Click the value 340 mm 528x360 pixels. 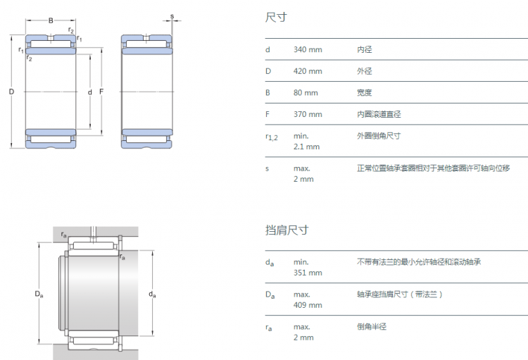308,49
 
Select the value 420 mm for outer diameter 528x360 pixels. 308,71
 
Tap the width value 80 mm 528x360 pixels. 306,93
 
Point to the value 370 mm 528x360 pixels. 308,114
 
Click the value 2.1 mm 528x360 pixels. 306,147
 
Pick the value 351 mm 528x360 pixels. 308,273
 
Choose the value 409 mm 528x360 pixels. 308,305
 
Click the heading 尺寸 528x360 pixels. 276,17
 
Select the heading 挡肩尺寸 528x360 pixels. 287,230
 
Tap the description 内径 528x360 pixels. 365,49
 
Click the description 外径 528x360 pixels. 365,71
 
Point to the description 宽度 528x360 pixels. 365,93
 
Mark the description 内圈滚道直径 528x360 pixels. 379,114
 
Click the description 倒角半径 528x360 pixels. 372,327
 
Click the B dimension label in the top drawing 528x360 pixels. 51,20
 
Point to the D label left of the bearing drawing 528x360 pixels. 11,92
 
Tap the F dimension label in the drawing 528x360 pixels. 101,92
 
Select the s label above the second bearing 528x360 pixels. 172,16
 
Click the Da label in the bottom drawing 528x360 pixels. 39,294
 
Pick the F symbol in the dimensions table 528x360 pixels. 268,114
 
